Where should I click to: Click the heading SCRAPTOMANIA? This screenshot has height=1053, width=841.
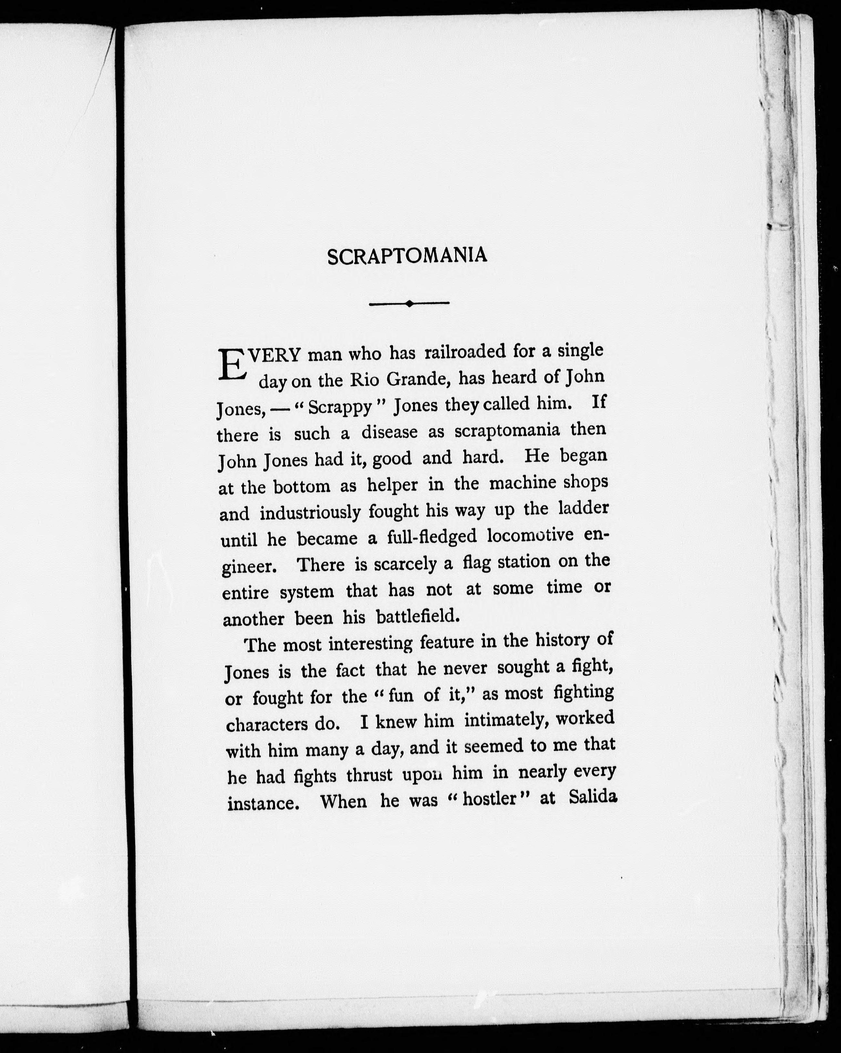pyautogui.click(x=407, y=256)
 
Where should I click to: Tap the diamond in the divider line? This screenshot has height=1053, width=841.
pyautogui.click(x=409, y=303)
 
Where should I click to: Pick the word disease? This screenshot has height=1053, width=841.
pyautogui.click(x=389, y=432)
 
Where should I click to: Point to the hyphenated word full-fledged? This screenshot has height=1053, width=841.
pyautogui.click(x=431, y=537)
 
